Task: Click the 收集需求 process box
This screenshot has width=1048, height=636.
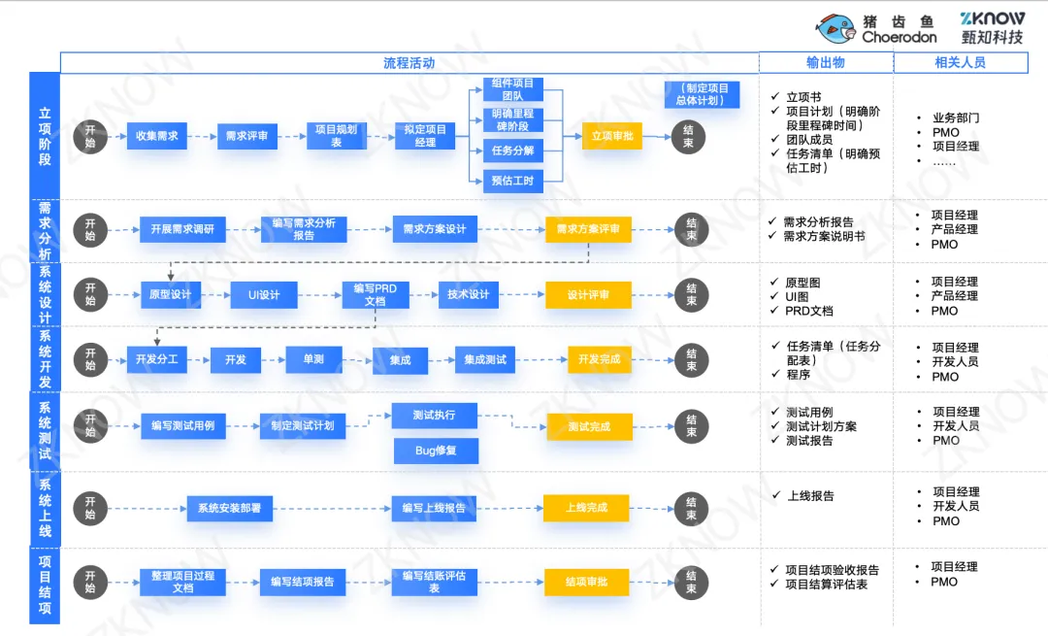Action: pyautogui.click(x=156, y=136)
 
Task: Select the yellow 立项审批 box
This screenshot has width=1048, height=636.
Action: pyautogui.click(x=612, y=136)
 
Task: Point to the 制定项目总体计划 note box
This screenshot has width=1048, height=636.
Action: pyautogui.click(x=703, y=94)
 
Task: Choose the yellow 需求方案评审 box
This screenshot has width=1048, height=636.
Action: pyautogui.click(x=588, y=230)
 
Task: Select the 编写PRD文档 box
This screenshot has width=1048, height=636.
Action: pyautogui.click(x=375, y=295)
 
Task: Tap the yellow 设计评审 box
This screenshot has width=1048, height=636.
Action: pyautogui.click(x=588, y=295)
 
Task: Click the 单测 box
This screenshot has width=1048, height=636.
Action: pyautogui.click(x=313, y=359)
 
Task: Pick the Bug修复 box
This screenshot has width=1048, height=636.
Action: pyautogui.click(x=435, y=451)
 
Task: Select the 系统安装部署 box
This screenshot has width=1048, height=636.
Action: pyautogui.click(x=229, y=508)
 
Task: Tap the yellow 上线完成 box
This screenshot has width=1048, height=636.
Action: pyautogui.click(x=587, y=508)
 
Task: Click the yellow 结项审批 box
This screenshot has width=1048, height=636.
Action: pyautogui.click(x=587, y=582)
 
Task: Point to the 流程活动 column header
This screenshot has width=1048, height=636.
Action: pyautogui.click(x=409, y=63)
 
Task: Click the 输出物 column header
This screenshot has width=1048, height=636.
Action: pyautogui.click(x=826, y=63)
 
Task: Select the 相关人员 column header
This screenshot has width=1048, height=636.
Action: pyautogui.click(x=960, y=63)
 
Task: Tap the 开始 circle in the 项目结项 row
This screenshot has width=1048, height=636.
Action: pyautogui.click(x=90, y=582)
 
